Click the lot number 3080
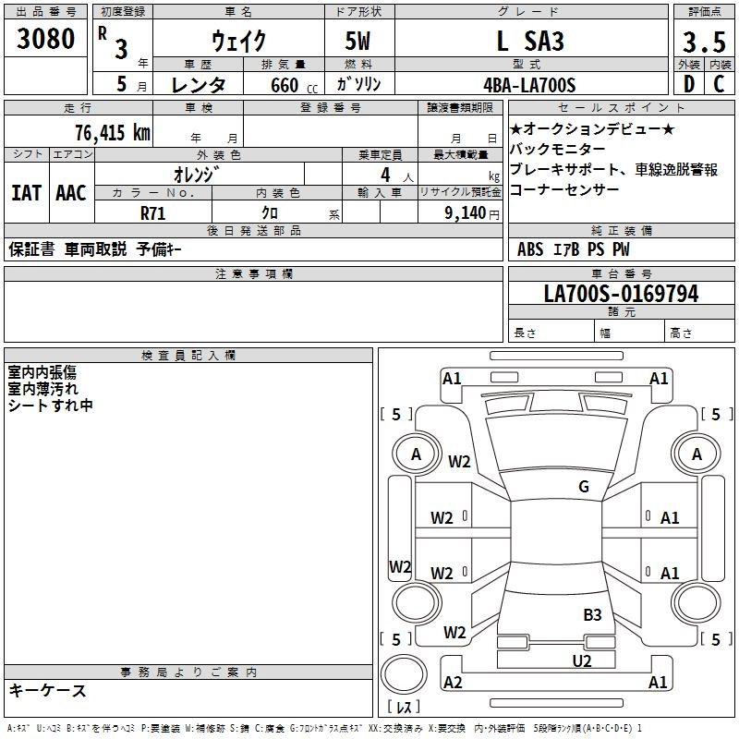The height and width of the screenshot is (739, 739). click(x=46, y=40)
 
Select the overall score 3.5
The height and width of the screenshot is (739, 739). click(x=703, y=42)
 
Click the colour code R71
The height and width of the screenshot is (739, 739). click(x=153, y=212)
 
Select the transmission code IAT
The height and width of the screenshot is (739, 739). click(x=26, y=193)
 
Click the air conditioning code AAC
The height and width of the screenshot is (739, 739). click(x=70, y=193)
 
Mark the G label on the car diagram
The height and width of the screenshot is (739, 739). click(x=584, y=487)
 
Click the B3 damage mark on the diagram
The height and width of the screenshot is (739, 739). click(x=592, y=614)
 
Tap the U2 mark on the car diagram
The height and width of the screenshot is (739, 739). click(x=582, y=660)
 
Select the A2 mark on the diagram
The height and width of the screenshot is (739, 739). click(x=453, y=682)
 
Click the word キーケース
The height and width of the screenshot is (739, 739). click(x=47, y=690)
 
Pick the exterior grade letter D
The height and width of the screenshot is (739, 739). click(x=688, y=85)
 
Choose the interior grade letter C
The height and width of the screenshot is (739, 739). click(x=719, y=85)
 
